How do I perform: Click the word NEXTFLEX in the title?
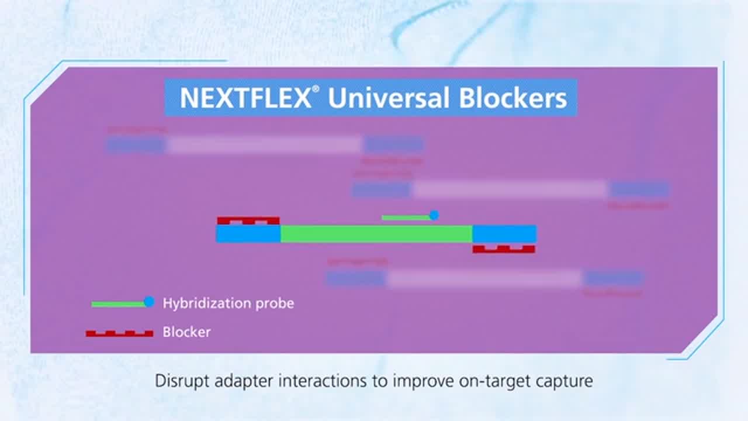click(245, 98)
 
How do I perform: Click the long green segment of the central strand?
click(376, 234)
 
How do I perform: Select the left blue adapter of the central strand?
click(248, 234)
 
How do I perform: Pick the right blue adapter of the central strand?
click(504, 234)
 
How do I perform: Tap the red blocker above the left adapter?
click(248, 220)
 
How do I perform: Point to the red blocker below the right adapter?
click(504, 249)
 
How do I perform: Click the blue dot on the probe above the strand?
click(434, 215)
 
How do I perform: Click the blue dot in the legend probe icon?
click(149, 302)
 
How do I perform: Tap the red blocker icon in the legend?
click(119, 333)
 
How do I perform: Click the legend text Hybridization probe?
click(228, 303)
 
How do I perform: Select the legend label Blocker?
click(186, 332)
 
